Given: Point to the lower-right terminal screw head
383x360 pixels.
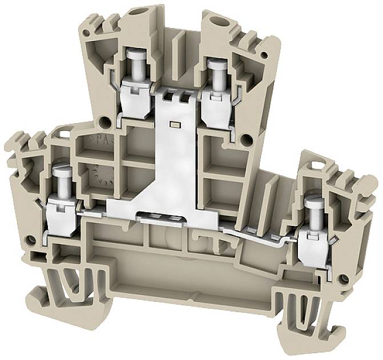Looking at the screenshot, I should coord(313,199).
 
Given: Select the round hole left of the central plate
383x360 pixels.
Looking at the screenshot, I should coord(105,122).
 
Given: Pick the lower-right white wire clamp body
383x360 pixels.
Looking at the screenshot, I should coord(313,240).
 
